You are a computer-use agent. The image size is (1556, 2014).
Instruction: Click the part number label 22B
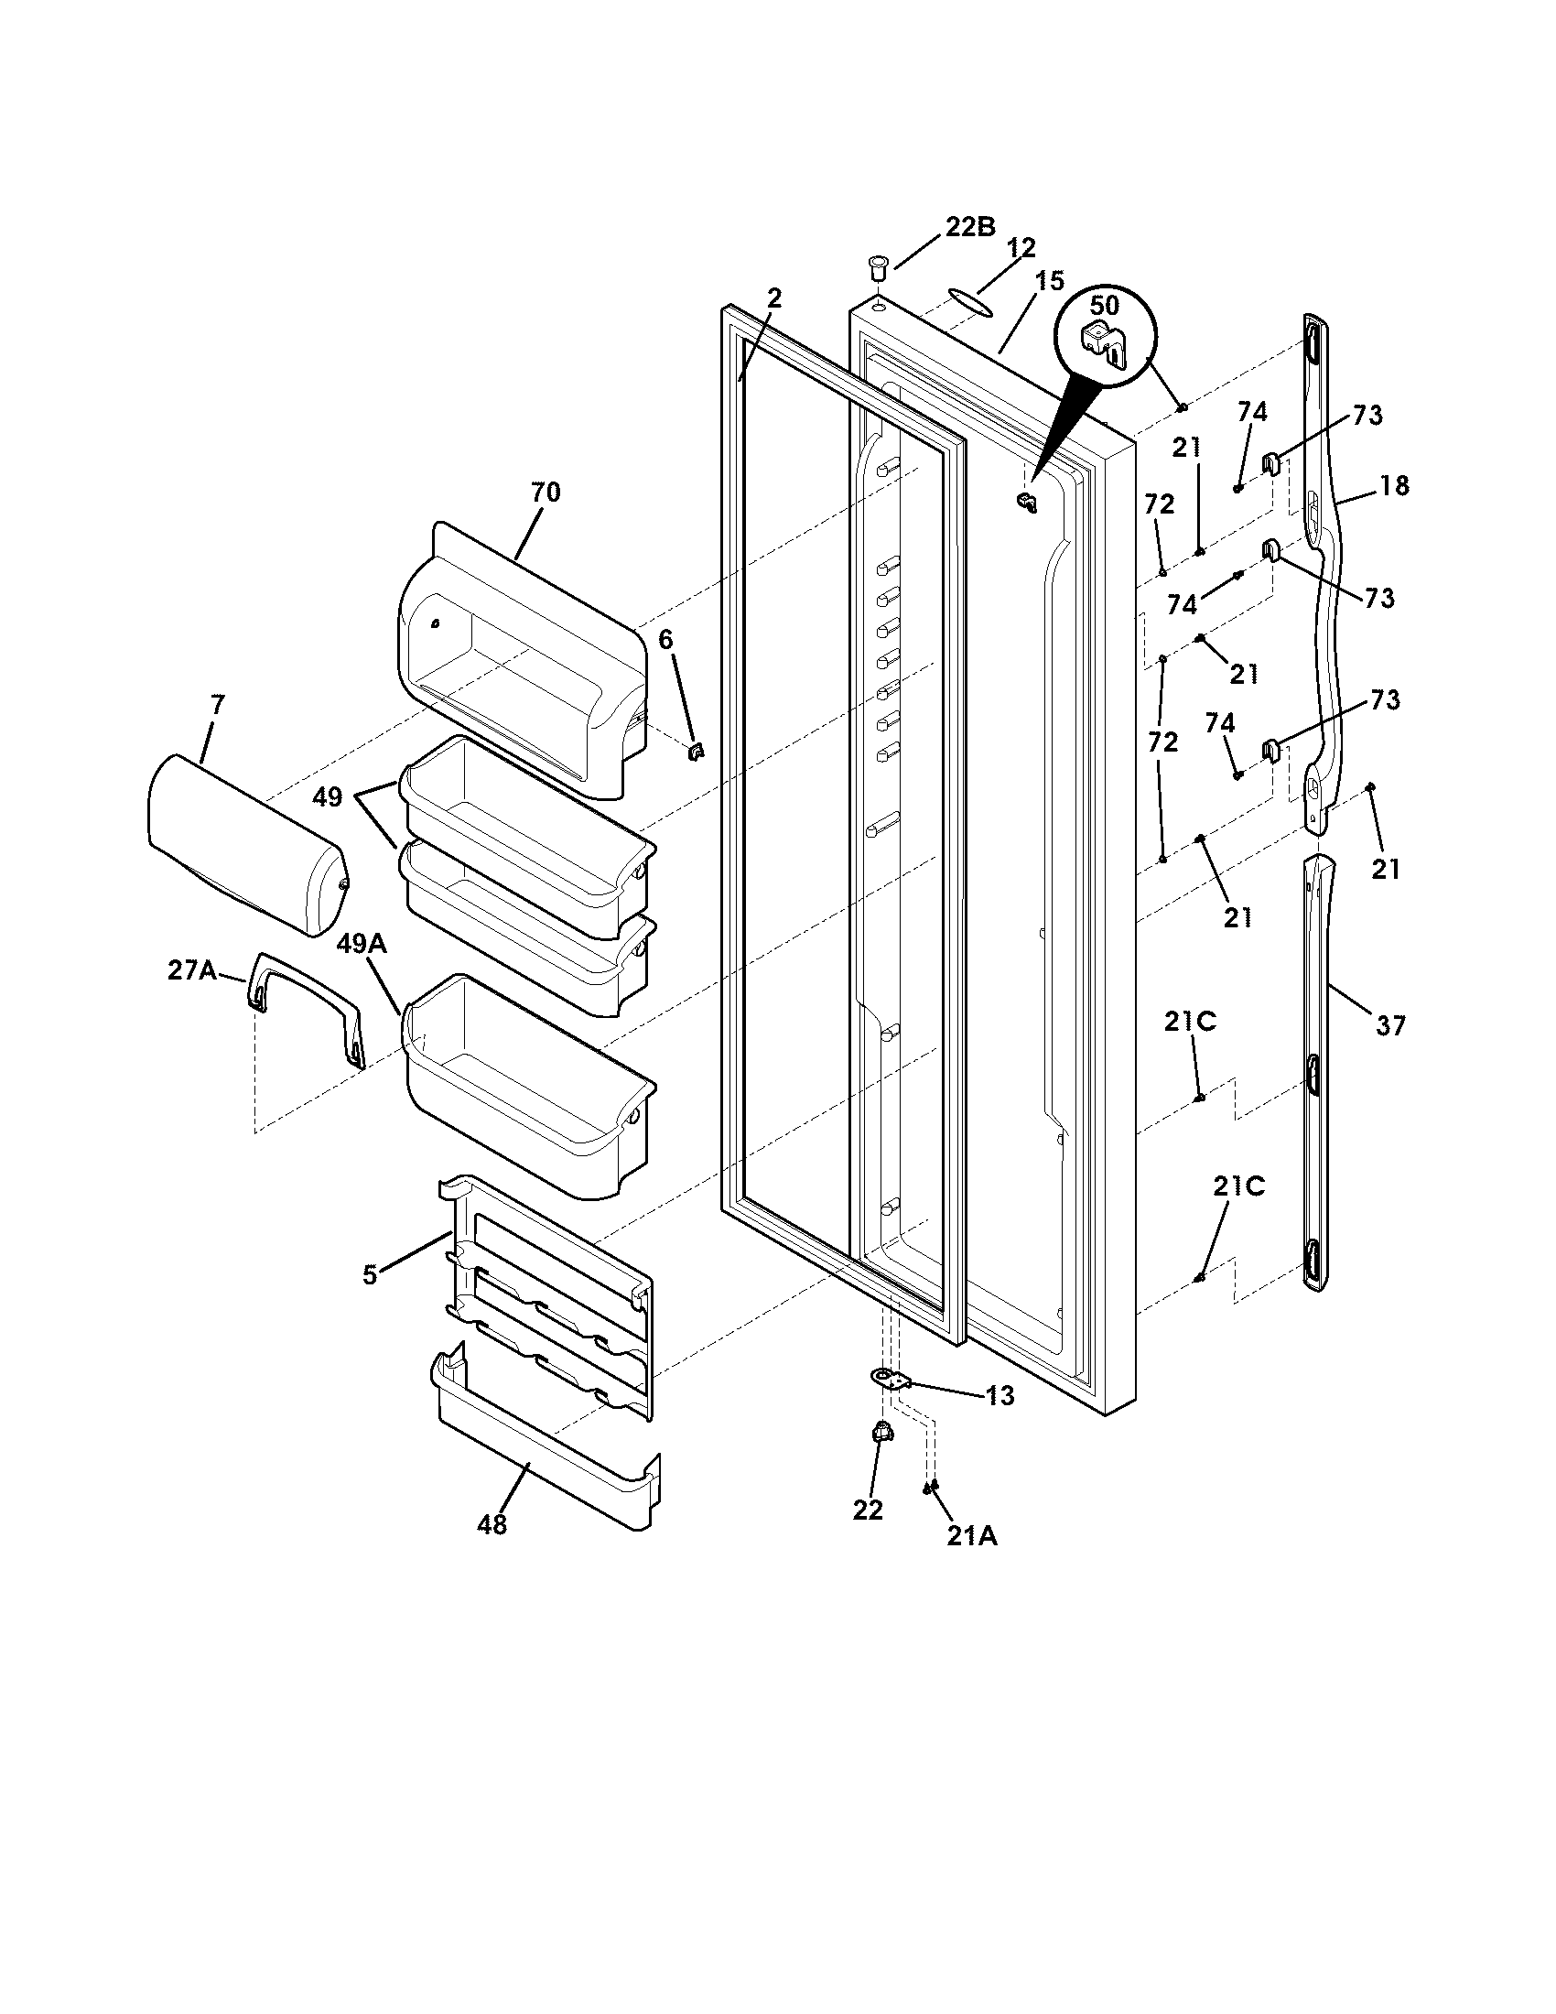969,228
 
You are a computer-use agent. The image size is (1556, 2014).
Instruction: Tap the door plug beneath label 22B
877,270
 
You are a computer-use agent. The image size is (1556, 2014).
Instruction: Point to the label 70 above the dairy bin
545,493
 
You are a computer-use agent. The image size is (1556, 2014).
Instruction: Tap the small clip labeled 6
696,753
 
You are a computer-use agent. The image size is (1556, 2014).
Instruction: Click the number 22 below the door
868,1510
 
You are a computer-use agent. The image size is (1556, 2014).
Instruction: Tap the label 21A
971,1535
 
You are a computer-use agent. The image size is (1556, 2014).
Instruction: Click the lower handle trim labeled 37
1320,1069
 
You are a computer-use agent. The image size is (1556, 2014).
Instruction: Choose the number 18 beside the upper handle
1395,485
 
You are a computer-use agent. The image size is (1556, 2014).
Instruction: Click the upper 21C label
1189,1022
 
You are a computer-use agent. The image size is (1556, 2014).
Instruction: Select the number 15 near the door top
1049,281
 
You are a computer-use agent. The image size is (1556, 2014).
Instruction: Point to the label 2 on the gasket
774,298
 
